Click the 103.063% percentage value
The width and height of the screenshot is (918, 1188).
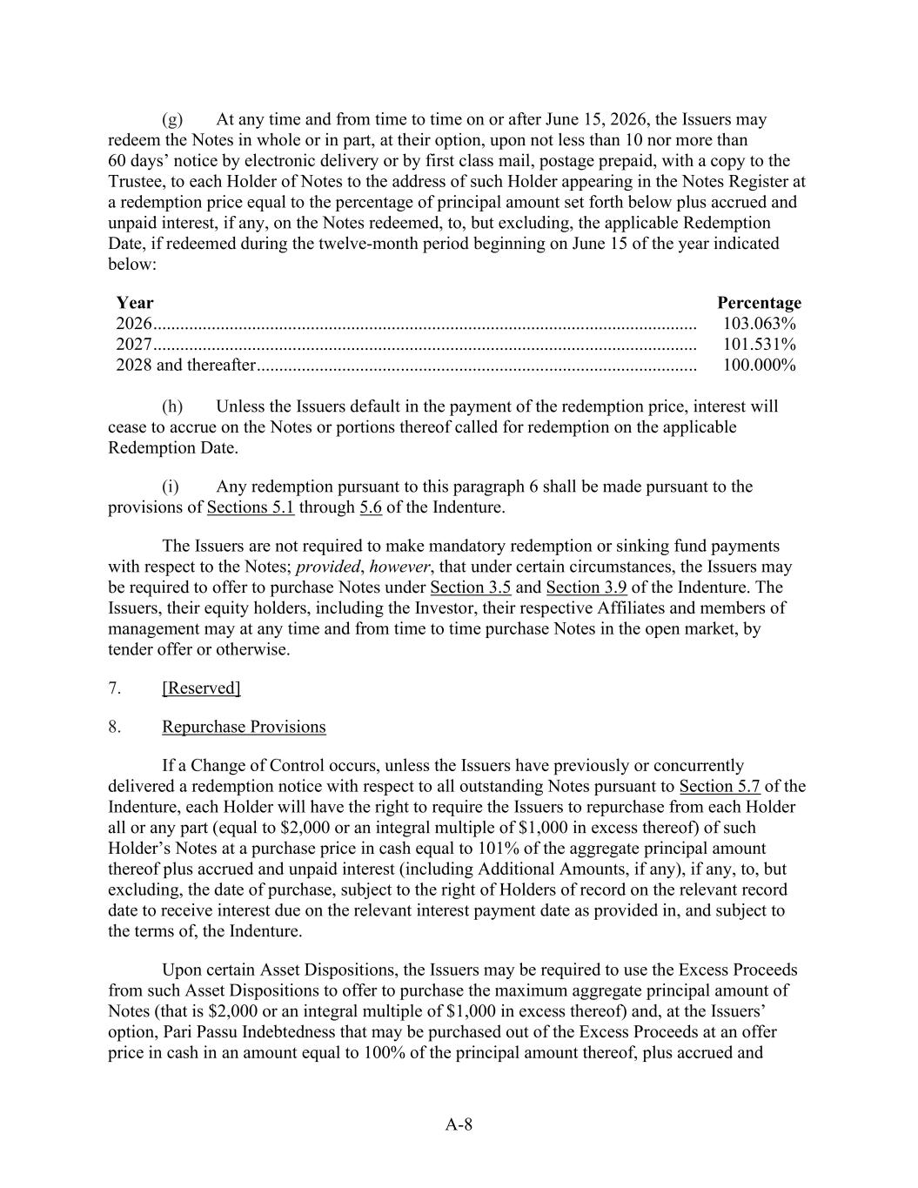759,324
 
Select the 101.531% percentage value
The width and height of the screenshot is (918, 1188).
759,345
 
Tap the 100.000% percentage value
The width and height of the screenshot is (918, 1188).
759,366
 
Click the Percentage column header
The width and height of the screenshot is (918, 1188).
759,303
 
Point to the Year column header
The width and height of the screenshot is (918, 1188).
135,303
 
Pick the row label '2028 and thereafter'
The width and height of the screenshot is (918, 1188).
185,366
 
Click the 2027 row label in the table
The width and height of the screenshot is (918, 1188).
134,345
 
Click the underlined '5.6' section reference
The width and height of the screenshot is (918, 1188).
371,507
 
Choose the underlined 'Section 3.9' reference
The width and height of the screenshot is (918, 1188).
586,587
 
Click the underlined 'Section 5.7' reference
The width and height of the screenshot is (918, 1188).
720,787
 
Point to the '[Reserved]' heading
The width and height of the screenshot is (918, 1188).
201,688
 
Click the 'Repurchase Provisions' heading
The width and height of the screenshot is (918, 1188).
244,728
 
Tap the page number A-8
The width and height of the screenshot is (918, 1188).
459,1124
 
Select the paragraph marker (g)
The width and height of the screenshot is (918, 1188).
172,119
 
